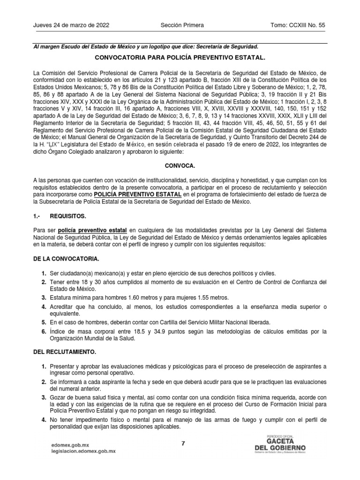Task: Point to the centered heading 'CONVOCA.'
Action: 180,166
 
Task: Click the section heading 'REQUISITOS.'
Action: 68,217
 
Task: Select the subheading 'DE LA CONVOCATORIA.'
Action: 66,259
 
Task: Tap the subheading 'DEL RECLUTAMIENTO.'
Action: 65,351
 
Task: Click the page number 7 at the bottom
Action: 183,443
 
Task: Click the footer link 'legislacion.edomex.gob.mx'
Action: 83,451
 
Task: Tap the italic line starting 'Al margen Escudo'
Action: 145,46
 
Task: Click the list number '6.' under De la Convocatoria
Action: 43,332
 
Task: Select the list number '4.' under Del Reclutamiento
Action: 43,420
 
